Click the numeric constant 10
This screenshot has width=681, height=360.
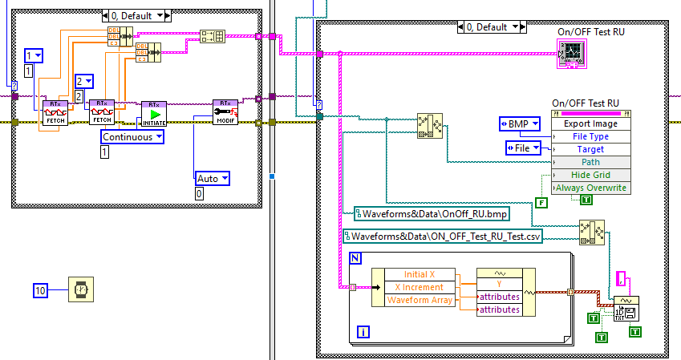click(41, 289)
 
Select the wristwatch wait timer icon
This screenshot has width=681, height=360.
click(81, 289)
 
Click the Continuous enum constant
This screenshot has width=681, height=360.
click(132, 137)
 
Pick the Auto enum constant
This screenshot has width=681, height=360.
click(213, 178)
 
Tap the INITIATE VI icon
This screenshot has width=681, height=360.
click(153, 114)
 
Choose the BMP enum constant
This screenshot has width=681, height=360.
click(520, 123)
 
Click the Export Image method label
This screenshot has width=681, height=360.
click(591, 124)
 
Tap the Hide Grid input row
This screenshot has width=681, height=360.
click(591, 175)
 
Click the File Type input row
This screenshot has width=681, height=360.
click(591, 136)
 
